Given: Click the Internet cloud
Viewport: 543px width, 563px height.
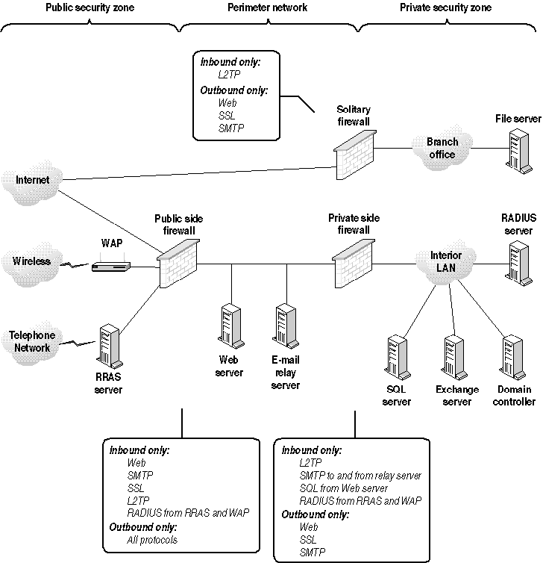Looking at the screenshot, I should pyautogui.click(x=31, y=181).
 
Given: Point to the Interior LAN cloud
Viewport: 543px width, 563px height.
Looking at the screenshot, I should pyautogui.click(x=446, y=261).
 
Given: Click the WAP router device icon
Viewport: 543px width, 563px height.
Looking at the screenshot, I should pyautogui.click(x=111, y=265).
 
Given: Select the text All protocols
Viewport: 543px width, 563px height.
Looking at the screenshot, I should pyautogui.click(x=152, y=540).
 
